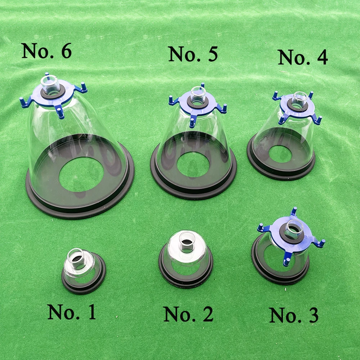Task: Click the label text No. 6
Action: [x=46, y=51]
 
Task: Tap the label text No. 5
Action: [x=193, y=54]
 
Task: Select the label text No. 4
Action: [x=303, y=57]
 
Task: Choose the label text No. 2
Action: [x=189, y=314]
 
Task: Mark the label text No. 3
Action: [x=294, y=315]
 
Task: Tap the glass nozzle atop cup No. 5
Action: [x=198, y=94]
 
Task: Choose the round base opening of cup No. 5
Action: [x=193, y=165]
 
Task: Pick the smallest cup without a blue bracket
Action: [x=84, y=271]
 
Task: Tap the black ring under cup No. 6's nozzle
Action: [x=53, y=93]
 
